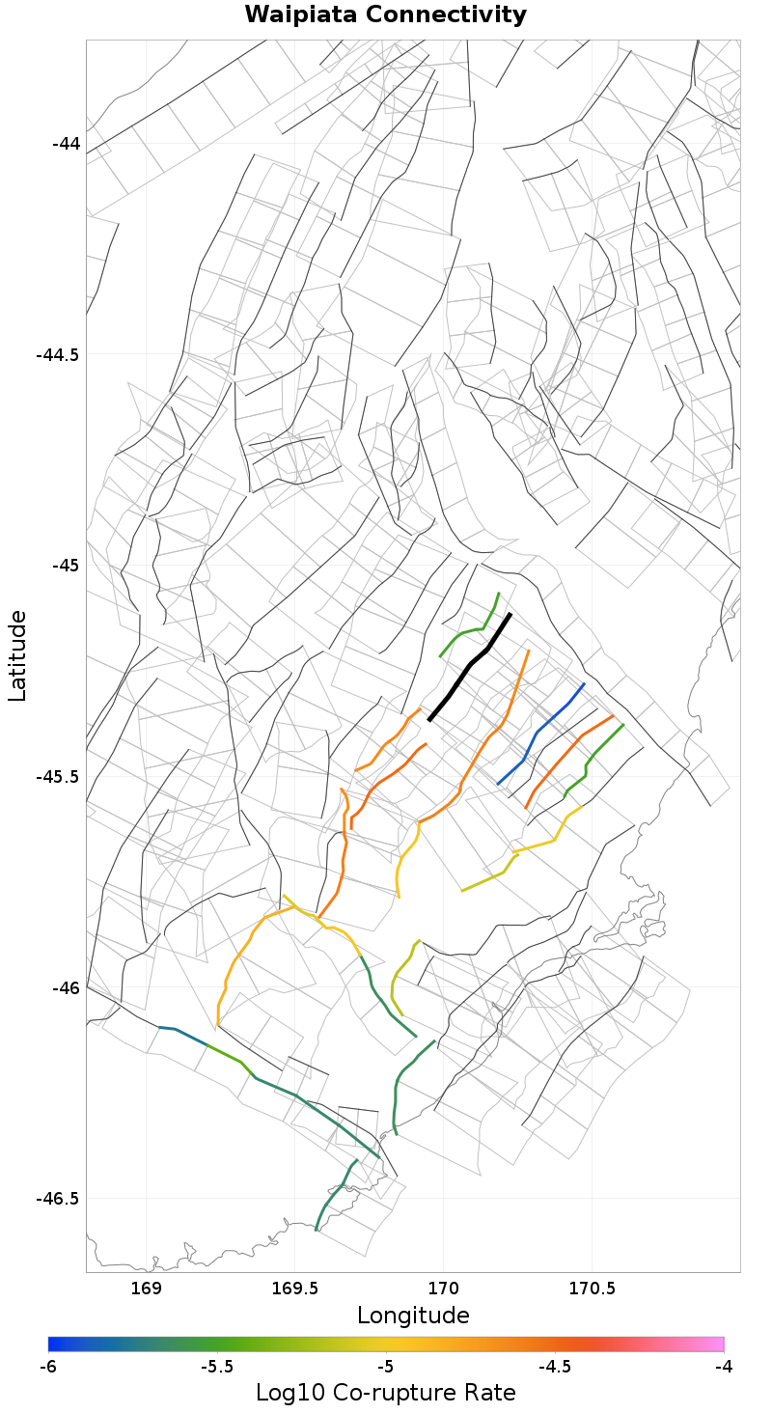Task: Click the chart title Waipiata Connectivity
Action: pos(386,15)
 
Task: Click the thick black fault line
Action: pos(470,665)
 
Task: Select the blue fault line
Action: pos(540,733)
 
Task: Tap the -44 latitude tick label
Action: pos(67,144)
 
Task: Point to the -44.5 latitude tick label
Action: pos(59,354)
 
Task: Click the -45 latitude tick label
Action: pos(67,565)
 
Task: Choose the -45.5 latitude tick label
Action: pos(59,776)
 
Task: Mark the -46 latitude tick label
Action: pos(67,987)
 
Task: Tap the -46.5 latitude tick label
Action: pos(59,1198)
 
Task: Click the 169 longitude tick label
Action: pos(146,1289)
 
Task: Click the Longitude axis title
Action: pos(413,1316)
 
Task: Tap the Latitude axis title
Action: pos(17,655)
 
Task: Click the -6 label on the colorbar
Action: pos(48,1367)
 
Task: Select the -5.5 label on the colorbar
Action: pos(217,1367)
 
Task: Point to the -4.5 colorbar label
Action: pos(555,1367)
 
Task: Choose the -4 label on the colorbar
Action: pos(724,1367)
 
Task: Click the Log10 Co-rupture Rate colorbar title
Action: pos(386,1393)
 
